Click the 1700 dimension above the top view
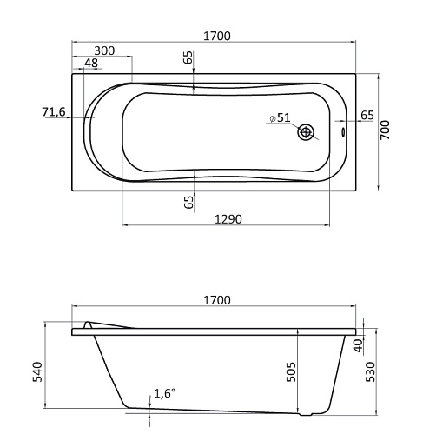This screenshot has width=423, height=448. click(217, 37)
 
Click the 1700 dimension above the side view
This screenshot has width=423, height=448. click(217, 300)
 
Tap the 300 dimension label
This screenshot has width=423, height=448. click(104, 50)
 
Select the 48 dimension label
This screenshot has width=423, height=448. click(91, 63)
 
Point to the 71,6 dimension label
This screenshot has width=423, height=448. click(54, 111)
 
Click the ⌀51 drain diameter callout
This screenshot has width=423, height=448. click(280, 117)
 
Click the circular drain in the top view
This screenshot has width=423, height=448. click(306, 132)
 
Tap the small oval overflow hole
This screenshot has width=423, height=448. click(343, 132)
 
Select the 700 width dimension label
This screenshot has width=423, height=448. click(385, 130)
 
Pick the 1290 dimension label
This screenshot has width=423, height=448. click(228, 219)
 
